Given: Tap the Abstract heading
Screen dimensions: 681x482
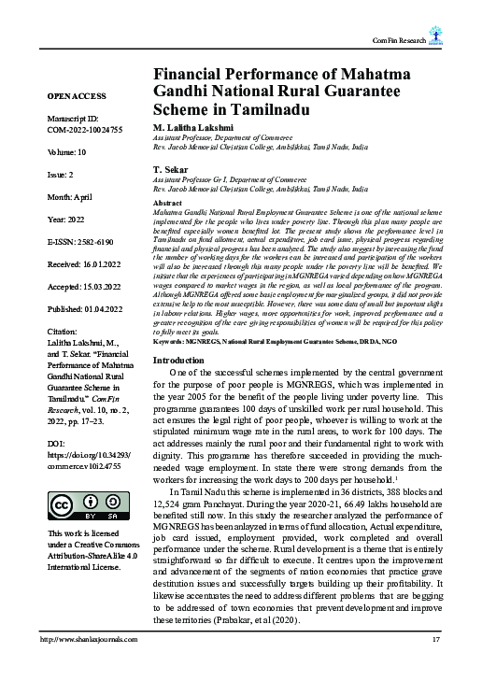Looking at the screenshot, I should [x=166, y=203].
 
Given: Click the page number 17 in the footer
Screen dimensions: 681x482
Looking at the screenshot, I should [x=435, y=665].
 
